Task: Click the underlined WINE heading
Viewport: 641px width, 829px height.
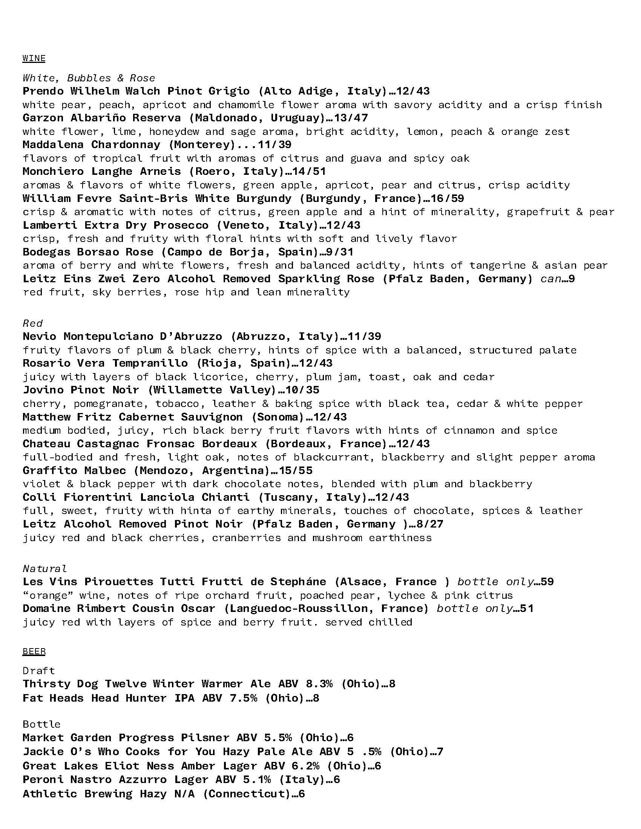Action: pos(34,58)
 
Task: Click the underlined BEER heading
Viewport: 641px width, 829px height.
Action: pos(34,652)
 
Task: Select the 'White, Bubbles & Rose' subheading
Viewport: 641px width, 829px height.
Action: pos(89,78)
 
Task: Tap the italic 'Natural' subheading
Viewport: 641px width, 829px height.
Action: pos(45,569)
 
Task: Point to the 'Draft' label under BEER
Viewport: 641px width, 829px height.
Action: pos(39,671)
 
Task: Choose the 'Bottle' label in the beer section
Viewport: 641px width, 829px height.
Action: pos(41,724)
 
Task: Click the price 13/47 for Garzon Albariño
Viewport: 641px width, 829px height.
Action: pos(351,118)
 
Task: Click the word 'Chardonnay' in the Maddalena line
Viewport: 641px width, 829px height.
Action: pos(126,145)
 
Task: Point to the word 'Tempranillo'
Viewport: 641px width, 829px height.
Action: pos(150,363)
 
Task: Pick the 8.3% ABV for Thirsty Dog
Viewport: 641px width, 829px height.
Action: pos(319,684)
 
